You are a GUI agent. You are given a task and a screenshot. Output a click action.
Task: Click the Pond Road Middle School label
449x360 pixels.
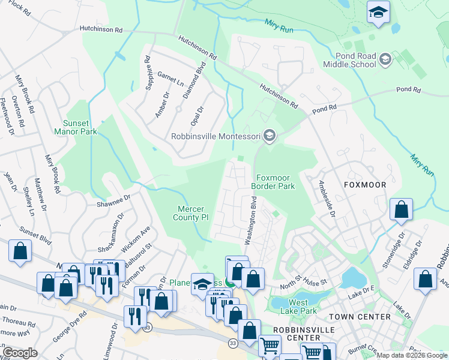click(x=349, y=60)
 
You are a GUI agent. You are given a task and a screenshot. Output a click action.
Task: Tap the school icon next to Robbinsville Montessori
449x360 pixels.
click(x=270, y=136)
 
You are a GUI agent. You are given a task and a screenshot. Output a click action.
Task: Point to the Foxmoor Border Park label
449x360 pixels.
click(x=276, y=182)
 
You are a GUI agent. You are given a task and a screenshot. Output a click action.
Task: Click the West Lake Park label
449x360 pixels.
click(x=303, y=306)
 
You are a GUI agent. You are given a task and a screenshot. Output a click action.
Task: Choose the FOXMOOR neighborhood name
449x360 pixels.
click(x=364, y=185)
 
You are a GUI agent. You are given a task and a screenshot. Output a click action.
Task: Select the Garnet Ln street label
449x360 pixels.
click(x=170, y=79)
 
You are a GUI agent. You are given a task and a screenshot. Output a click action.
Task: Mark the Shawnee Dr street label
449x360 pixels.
click(x=113, y=199)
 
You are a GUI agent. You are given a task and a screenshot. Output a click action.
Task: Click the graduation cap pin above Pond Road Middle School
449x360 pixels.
click(x=378, y=13)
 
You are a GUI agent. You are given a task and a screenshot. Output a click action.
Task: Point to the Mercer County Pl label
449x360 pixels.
click(x=192, y=213)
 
